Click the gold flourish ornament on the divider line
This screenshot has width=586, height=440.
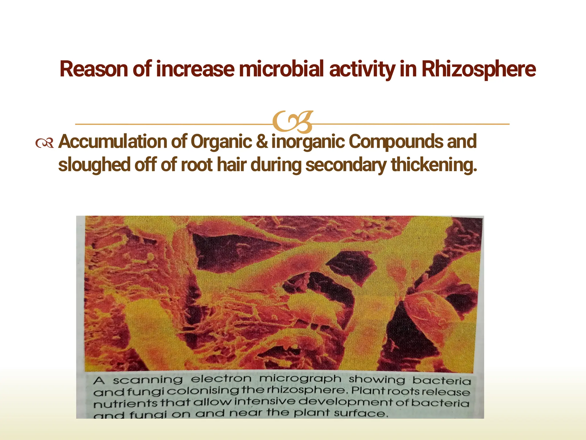(x=292, y=122)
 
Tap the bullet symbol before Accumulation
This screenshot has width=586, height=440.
(x=44, y=143)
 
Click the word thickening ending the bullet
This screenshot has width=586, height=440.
(x=434, y=166)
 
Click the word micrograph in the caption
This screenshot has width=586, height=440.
(x=300, y=379)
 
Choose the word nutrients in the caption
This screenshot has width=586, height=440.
(x=125, y=404)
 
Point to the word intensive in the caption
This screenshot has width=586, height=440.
(x=265, y=401)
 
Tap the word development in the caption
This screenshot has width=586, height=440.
(x=345, y=402)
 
